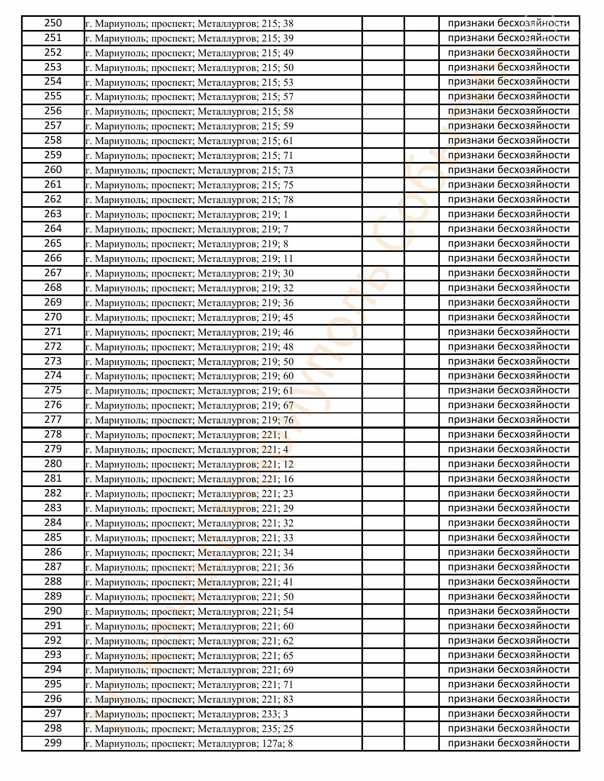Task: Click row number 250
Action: (53, 23)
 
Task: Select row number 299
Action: (53, 743)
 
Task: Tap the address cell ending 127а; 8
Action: (189, 744)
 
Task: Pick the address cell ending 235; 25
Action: (189, 729)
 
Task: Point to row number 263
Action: (53, 214)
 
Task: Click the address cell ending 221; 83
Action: (189, 699)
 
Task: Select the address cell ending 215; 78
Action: (189, 200)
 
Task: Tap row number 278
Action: (53, 434)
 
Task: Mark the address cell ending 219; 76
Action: (189, 420)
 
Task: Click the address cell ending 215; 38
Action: (189, 24)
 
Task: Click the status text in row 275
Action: (508, 390)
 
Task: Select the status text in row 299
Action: (508, 743)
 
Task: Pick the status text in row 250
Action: (508, 23)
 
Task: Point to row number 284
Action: (53, 523)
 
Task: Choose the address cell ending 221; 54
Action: (189, 612)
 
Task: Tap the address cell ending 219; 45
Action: (189, 318)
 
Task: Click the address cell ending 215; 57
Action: (189, 97)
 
